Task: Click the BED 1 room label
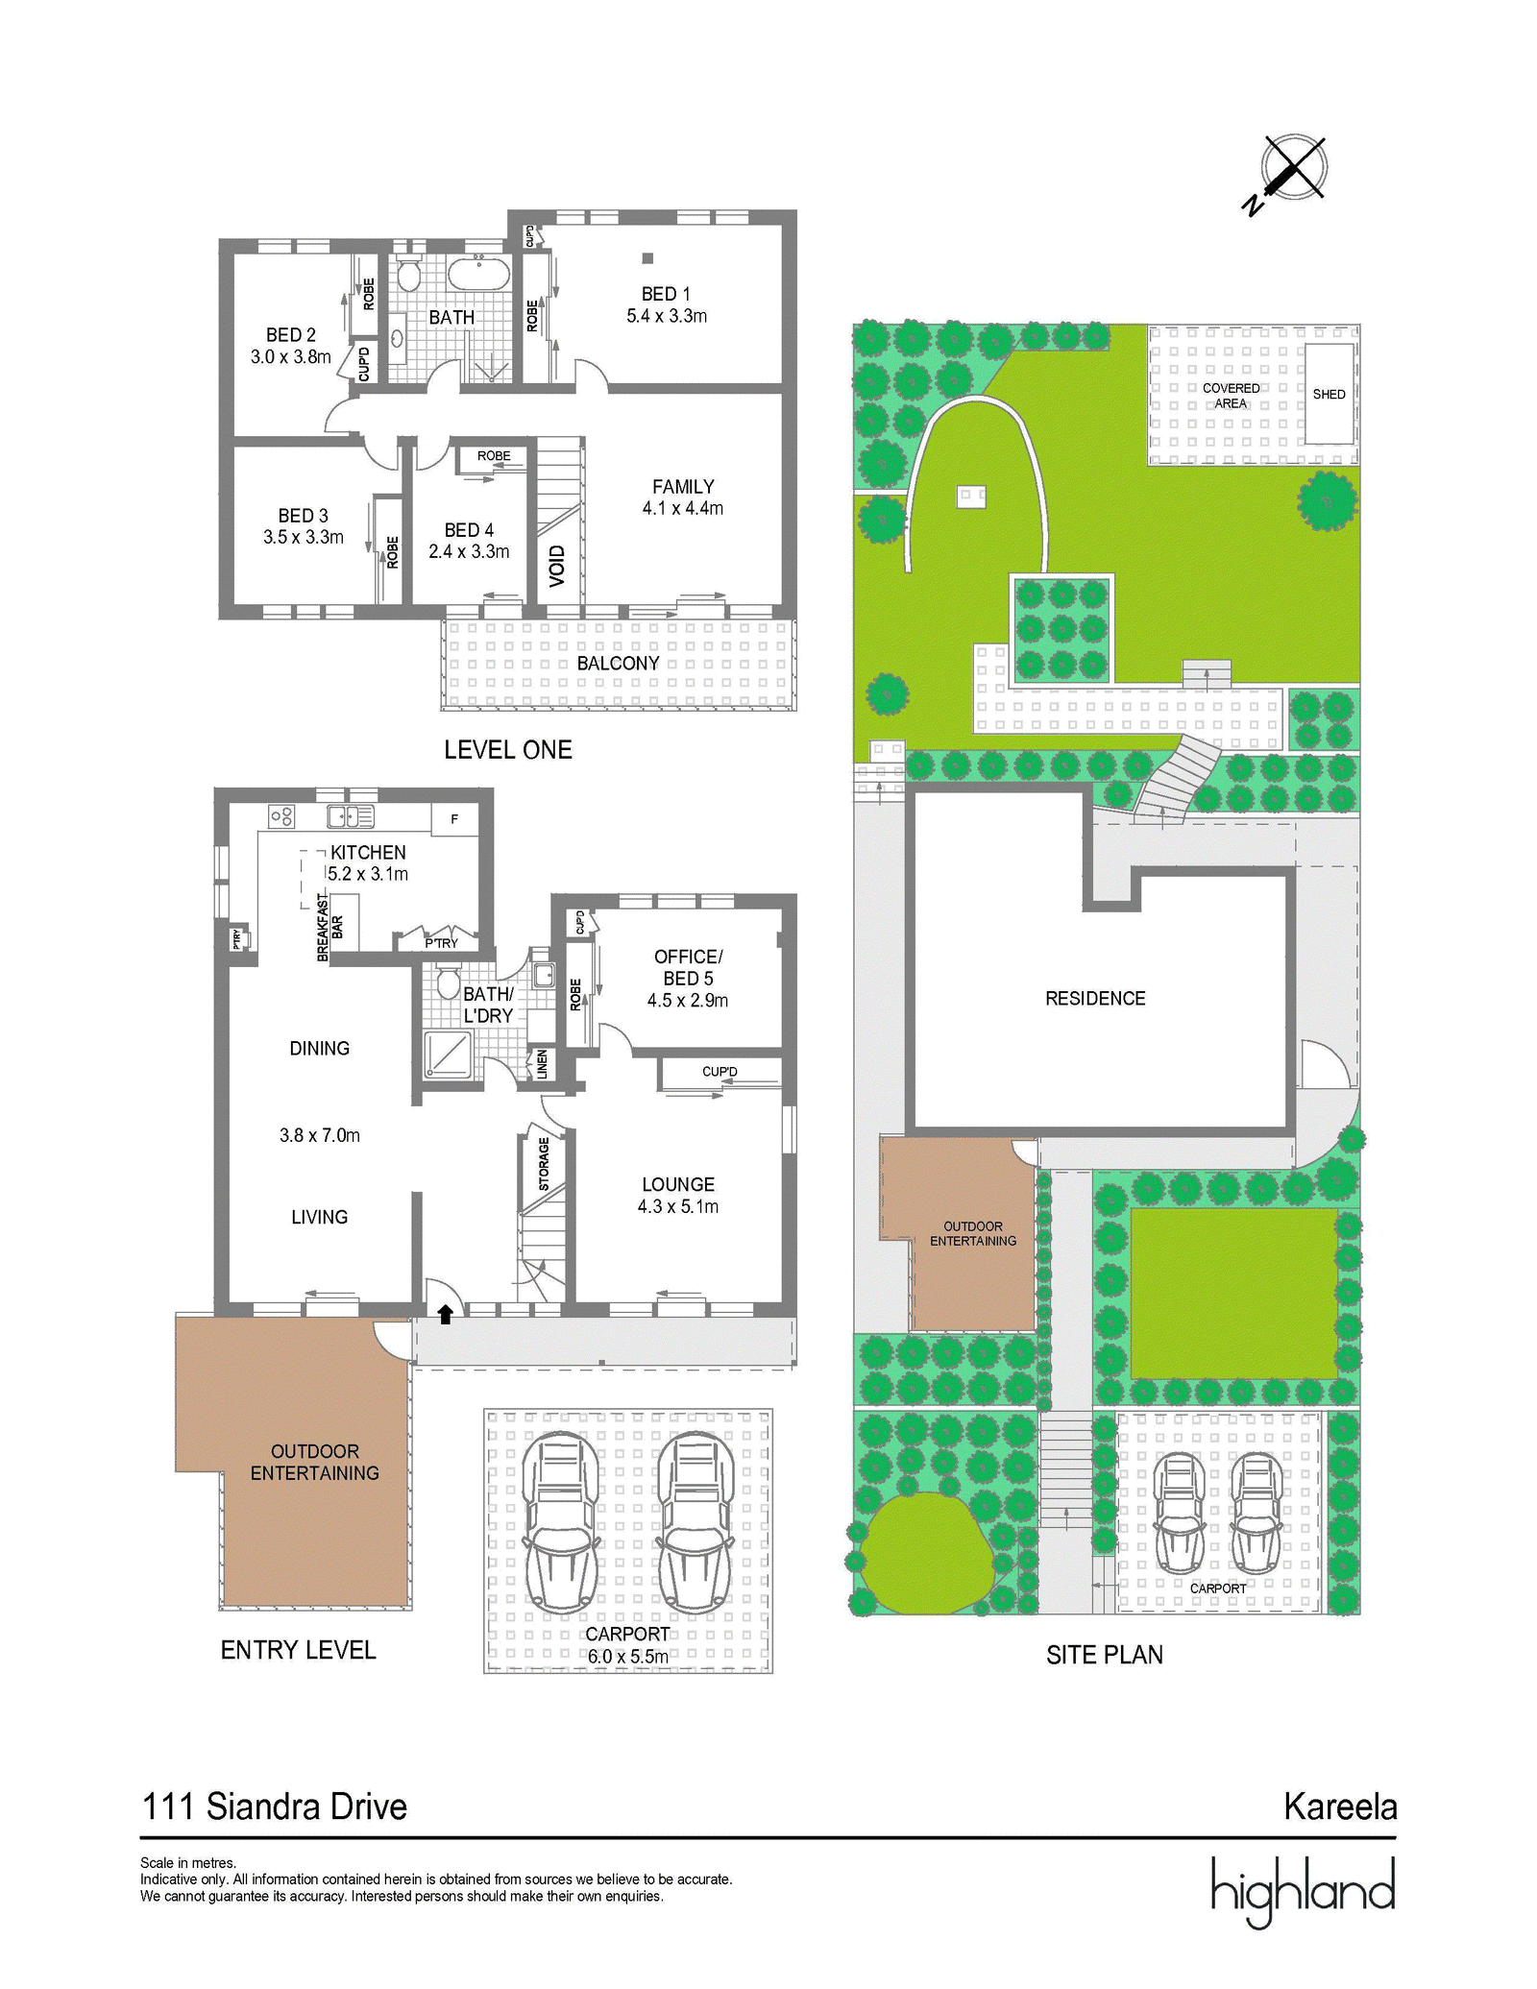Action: click(666, 294)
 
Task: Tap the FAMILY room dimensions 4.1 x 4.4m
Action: click(683, 509)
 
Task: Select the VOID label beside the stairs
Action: click(557, 566)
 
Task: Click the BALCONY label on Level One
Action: click(618, 664)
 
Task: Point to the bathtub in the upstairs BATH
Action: click(478, 273)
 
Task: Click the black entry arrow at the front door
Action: click(446, 1314)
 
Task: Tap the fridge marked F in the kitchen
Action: click(454, 819)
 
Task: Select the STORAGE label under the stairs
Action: click(544, 1164)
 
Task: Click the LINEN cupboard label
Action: click(542, 1064)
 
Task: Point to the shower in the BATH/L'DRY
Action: click(448, 1055)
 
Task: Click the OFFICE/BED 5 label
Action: click(688, 967)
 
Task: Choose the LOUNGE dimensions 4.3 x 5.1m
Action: click(678, 1207)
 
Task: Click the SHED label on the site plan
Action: click(1330, 395)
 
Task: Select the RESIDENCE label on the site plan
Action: click(1095, 999)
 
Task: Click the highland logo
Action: click(1303, 1891)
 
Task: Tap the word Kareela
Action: click(1340, 1807)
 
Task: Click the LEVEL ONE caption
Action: click(508, 750)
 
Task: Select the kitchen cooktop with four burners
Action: click(282, 817)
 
